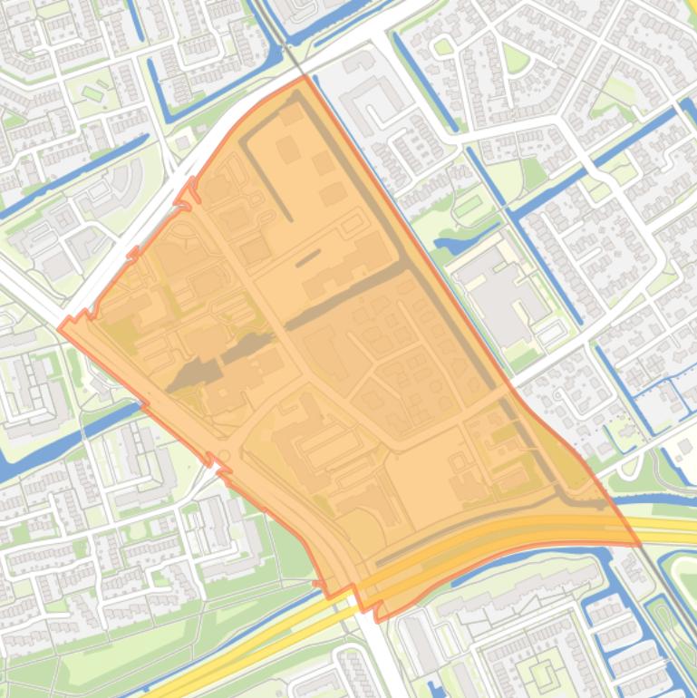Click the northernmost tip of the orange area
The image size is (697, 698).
(x=305, y=77)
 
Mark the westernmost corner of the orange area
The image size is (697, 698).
(x=60, y=328)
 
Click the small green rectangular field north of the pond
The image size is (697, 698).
(x=468, y=206)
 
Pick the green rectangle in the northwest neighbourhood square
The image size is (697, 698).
(x=92, y=93)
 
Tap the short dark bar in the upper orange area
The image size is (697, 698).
(x=307, y=258)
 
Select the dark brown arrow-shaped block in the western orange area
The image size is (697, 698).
(x=195, y=374)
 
